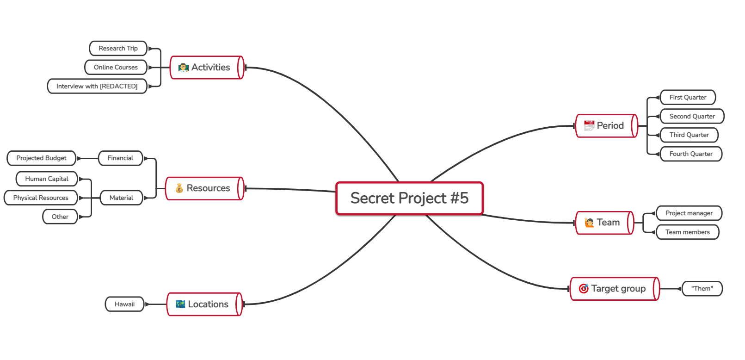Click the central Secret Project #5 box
(409, 199)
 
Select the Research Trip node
(118, 48)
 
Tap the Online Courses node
(116, 67)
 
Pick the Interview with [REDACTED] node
(97, 86)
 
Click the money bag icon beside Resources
(179, 188)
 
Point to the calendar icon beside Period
(589, 125)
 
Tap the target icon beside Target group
(583, 288)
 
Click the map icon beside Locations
(181, 304)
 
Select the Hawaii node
(125, 304)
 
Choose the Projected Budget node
(42, 158)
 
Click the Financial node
(120, 158)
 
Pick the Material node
(122, 198)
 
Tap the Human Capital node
(47, 179)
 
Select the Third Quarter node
(689, 135)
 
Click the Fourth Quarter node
(691, 154)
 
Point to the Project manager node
(689, 213)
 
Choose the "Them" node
(702, 288)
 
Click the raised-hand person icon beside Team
(589, 222)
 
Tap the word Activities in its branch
(211, 67)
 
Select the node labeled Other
(60, 217)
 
